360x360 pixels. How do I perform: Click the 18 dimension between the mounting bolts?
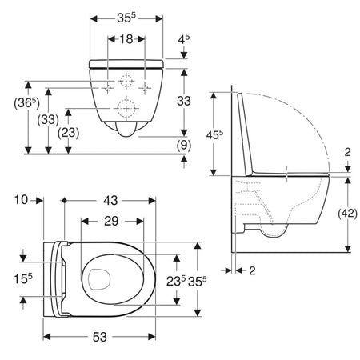(x=126, y=39)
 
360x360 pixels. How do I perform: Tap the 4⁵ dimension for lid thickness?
(x=184, y=39)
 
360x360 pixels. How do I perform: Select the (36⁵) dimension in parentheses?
(x=26, y=103)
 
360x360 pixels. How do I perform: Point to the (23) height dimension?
(x=69, y=133)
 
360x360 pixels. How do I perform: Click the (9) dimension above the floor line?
(x=184, y=146)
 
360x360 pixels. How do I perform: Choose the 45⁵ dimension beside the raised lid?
(x=214, y=135)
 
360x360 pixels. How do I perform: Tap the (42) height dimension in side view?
(x=347, y=213)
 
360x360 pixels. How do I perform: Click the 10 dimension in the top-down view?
(x=21, y=200)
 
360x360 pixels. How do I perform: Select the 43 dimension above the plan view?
(x=110, y=200)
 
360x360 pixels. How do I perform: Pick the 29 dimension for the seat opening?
(x=111, y=221)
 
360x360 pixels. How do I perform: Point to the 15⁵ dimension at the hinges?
(x=23, y=278)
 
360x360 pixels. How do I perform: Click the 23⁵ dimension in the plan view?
(x=176, y=281)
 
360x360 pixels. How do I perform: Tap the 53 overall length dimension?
(x=100, y=337)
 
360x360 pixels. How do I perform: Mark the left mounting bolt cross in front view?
(x=108, y=87)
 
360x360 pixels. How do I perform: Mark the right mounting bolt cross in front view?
(x=145, y=87)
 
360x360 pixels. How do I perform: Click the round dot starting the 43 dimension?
(x=64, y=201)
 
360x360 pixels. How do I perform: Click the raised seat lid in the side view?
(x=245, y=134)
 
